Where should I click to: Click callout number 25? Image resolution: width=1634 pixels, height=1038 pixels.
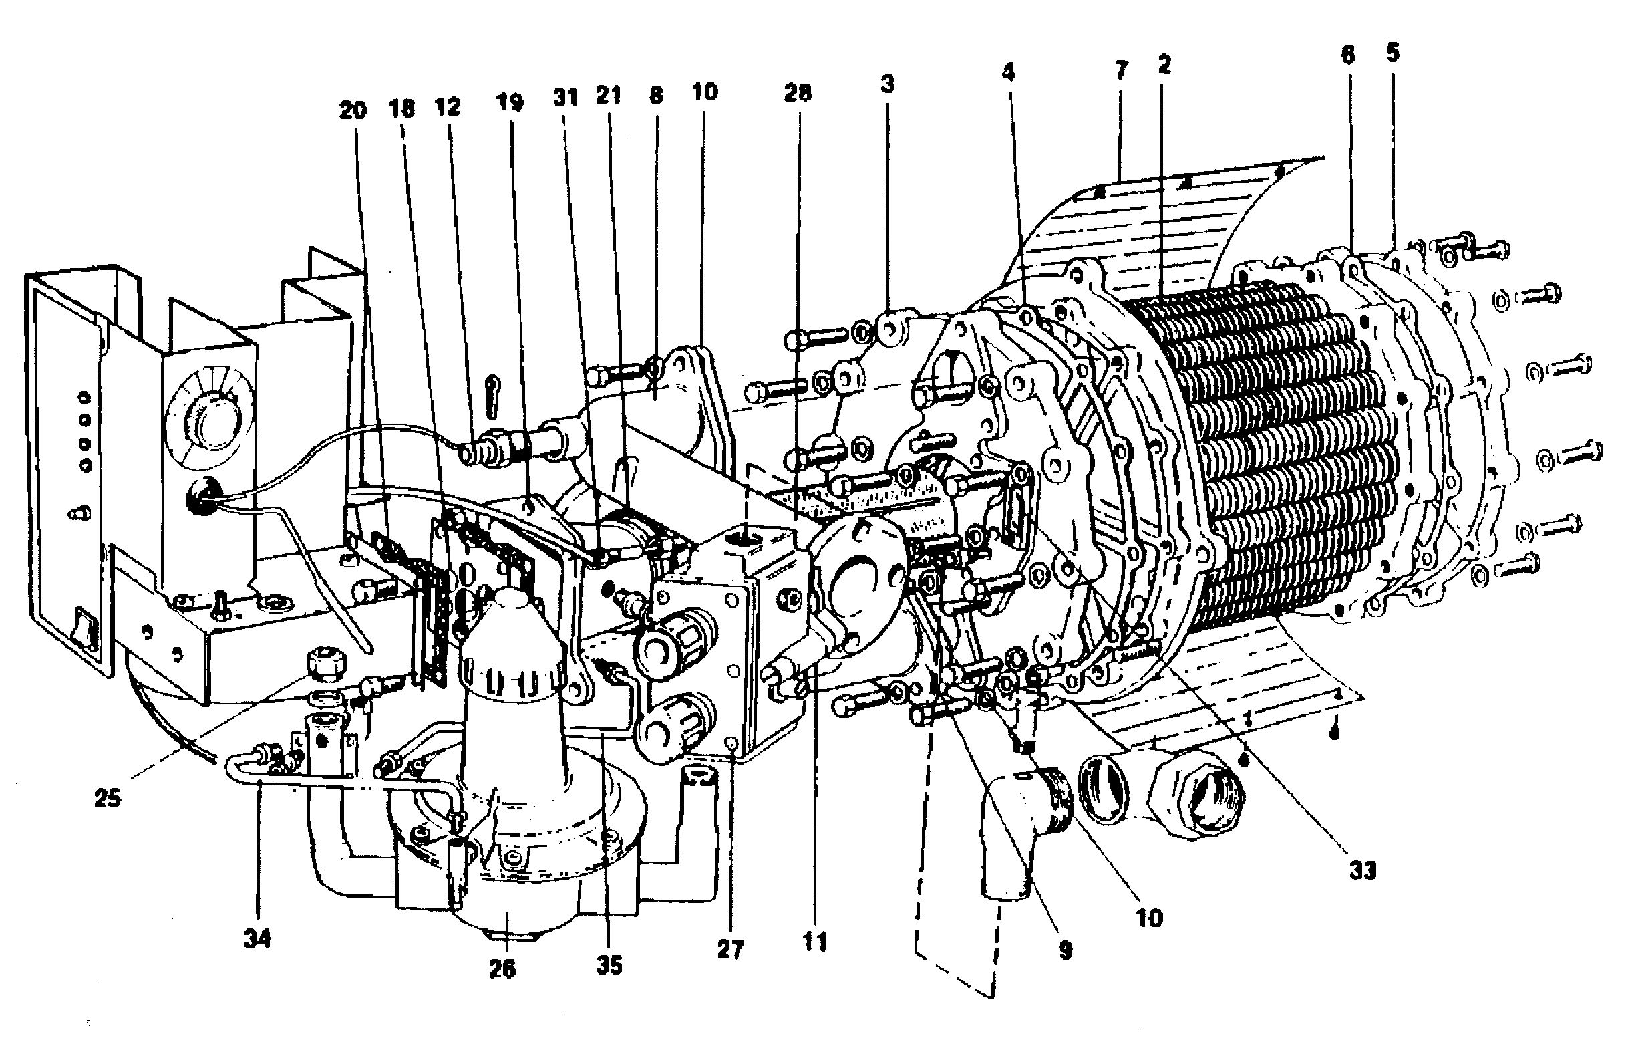(x=107, y=797)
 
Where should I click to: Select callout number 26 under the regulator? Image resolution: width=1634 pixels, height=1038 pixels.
(x=502, y=968)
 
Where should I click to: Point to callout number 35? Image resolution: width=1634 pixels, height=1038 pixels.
(x=609, y=964)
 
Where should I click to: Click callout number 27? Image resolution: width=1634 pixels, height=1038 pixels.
(x=730, y=950)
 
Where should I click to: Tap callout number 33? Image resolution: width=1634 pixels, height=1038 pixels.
(x=1362, y=870)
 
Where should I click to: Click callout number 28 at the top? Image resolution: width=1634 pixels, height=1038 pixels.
(x=798, y=92)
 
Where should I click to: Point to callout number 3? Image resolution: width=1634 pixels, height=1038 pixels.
(x=887, y=84)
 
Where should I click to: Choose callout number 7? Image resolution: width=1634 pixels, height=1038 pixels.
(x=1121, y=70)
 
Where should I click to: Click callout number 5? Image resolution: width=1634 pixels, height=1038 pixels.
(x=1393, y=53)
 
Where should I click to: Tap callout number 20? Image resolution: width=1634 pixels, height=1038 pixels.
(x=352, y=110)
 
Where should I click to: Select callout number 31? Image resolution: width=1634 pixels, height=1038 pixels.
(x=564, y=97)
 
